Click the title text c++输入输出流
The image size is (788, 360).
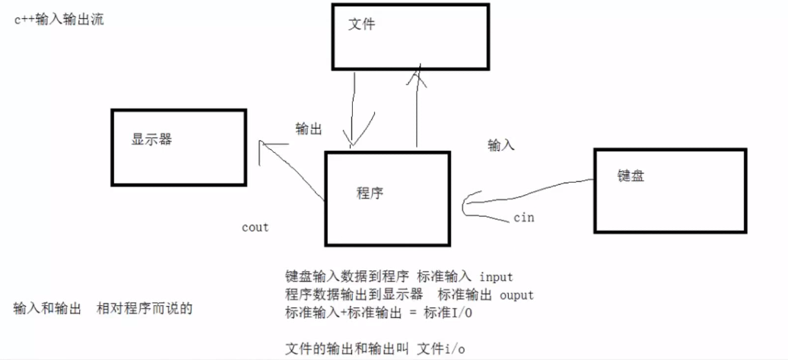[59, 20]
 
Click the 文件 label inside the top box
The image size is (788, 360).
[361, 24]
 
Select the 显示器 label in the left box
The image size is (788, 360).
[151, 140]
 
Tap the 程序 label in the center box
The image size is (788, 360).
[370, 193]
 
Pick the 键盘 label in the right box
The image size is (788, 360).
[631, 175]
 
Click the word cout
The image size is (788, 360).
[255, 227]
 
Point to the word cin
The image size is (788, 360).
[523, 218]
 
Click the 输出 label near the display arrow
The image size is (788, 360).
[308, 129]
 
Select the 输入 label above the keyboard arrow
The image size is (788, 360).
[501, 145]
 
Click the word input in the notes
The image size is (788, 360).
[496, 277]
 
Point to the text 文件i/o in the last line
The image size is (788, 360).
[441, 348]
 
